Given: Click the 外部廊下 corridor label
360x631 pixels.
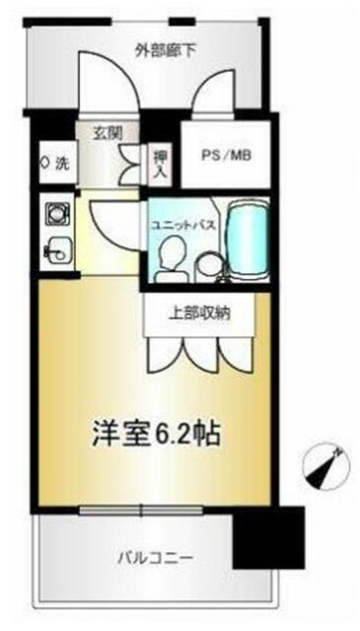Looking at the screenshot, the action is click(x=166, y=52).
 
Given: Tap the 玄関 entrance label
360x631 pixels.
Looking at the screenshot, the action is click(x=108, y=133).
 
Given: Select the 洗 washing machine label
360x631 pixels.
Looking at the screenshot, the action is click(x=61, y=163).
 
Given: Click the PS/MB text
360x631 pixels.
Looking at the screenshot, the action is click(x=227, y=156).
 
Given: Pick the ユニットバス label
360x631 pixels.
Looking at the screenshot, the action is click(x=182, y=225).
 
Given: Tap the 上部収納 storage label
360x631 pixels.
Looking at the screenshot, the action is click(x=199, y=313).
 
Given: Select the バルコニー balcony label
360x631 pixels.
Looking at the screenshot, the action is click(x=156, y=558).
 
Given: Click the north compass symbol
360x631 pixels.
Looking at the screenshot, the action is click(x=324, y=467).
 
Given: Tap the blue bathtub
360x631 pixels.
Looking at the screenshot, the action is click(x=248, y=241).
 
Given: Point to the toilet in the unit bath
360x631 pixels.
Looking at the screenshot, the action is click(x=172, y=258).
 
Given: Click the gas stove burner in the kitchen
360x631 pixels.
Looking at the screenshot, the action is click(x=57, y=212).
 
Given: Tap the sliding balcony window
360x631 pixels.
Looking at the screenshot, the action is click(x=141, y=511).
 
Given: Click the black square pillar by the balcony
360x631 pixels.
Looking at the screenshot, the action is click(x=268, y=537).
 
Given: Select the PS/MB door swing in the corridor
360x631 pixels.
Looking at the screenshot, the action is click(x=213, y=92).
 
